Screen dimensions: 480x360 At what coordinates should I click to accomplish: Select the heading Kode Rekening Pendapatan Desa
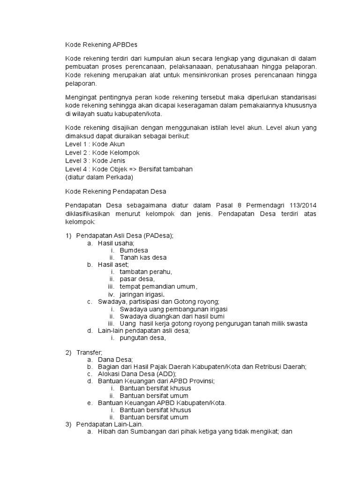(116, 191)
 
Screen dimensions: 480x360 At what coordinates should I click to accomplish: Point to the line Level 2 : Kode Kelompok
(102, 153)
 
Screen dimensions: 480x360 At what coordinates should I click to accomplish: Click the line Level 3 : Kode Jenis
(95, 161)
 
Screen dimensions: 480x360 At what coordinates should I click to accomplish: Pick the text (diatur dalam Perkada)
(99, 178)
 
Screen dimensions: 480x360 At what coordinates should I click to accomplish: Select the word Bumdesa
(134, 250)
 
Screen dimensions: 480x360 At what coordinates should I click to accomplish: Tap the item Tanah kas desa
(143, 257)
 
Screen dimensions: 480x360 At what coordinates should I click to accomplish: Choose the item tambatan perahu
(146, 272)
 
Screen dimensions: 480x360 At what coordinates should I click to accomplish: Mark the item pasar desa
(137, 279)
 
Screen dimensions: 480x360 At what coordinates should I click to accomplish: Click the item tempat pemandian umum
(158, 286)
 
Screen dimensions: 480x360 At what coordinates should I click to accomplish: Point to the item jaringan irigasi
(145, 294)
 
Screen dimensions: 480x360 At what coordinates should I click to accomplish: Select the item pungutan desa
(142, 337)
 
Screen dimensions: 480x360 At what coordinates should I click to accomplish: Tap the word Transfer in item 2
(89, 352)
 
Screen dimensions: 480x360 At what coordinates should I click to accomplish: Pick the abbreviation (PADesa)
(158, 235)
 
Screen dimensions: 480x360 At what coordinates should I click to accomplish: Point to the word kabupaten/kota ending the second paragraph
(142, 114)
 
